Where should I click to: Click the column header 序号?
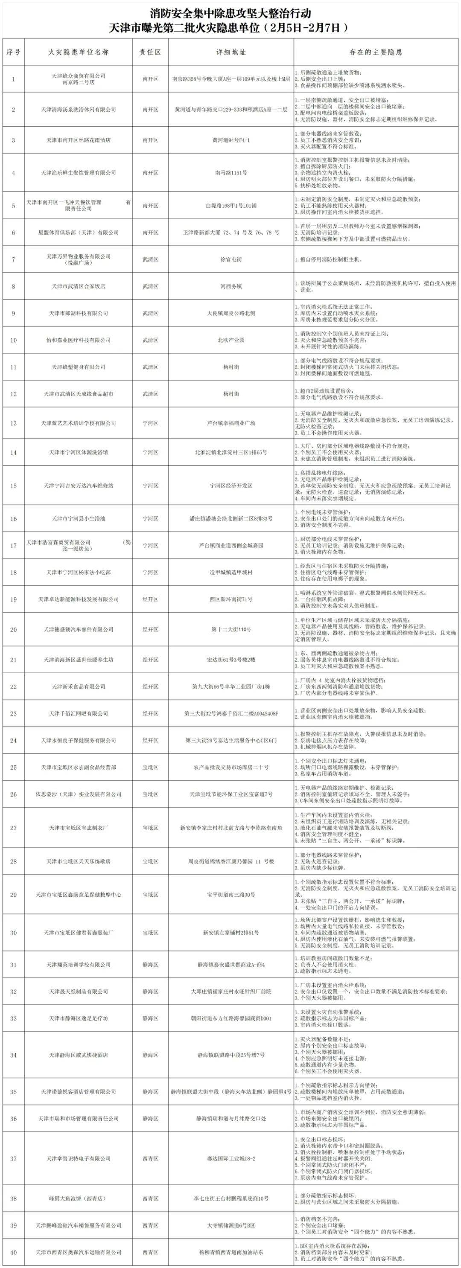click(13, 52)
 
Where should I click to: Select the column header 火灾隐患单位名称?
click(79, 52)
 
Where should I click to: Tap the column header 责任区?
click(150, 52)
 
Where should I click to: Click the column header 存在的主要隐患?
click(376, 52)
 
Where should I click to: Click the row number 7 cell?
click(13, 259)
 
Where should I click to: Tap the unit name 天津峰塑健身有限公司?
click(79, 367)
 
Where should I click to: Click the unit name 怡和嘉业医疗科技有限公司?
click(79, 340)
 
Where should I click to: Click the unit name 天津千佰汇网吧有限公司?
click(79, 713)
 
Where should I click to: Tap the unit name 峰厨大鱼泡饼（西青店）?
click(79, 1198)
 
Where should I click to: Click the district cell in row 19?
click(150, 599)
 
